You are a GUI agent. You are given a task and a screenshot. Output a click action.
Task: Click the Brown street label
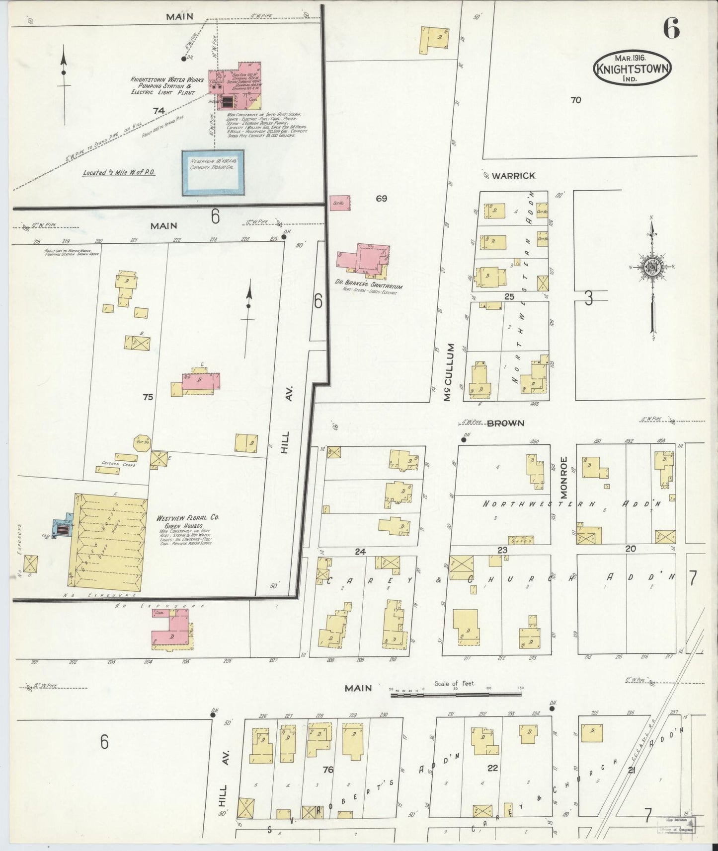coord(505,423)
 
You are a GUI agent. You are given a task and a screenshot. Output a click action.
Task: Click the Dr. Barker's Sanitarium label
coord(368,286)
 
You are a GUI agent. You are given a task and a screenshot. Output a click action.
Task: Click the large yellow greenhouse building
coord(108,542)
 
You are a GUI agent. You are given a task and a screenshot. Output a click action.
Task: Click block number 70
coord(575,100)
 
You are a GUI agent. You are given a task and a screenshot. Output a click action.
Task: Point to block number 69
coord(381,199)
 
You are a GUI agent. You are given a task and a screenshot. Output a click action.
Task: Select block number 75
coord(148,397)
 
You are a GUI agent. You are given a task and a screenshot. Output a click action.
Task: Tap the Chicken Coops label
coord(119,464)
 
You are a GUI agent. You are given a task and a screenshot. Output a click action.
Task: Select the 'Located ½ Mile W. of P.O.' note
coord(119,173)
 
